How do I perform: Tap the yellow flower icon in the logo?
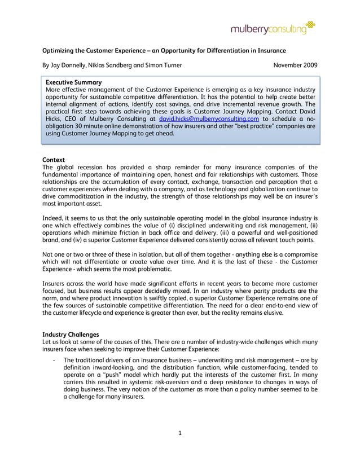310,24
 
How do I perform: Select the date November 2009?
295,65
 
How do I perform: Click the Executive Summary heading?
73,82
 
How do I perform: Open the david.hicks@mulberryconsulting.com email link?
209,119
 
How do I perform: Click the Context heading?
54,160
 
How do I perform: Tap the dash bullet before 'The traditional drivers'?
52,360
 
